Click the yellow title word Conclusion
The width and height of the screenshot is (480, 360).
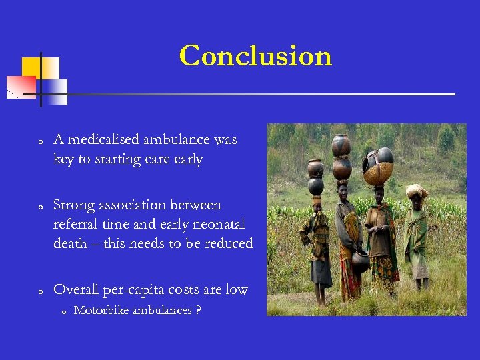tap(255, 56)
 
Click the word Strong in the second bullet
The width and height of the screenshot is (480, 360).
tap(74, 205)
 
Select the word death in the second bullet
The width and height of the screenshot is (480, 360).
tap(70, 244)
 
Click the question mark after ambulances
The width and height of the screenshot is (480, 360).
tap(199, 311)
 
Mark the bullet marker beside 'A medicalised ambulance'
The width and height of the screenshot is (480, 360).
tap(41, 142)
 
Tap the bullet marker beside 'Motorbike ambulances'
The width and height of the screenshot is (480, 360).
tap(61, 312)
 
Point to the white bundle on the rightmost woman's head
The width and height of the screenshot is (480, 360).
tap(417, 191)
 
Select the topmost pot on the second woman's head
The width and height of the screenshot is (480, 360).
tap(341, 145)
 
